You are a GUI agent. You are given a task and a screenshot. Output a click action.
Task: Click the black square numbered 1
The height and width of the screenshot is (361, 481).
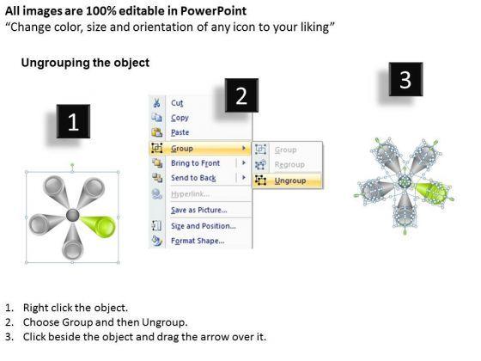[x=73, y=121]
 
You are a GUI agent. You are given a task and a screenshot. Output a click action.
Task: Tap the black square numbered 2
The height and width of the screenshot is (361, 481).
[x=241, y=95]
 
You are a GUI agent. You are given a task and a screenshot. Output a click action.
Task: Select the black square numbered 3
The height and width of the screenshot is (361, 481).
[x=405, y=79]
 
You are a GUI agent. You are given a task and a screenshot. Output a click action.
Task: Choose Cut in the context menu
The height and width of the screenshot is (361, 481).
[x=177, y=103]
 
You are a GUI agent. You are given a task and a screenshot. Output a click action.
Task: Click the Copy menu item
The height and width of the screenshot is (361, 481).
[x=180, y=118]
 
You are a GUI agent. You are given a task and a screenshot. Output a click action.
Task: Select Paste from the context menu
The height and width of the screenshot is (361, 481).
[x=180, y=132]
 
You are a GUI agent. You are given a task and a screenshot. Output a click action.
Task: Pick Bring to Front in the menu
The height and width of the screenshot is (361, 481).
[x=196, y=163]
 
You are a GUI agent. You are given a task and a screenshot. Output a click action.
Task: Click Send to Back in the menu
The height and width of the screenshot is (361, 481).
[x=193, y=178]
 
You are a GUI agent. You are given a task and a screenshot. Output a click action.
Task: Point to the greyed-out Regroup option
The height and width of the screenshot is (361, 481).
[x=289, y=165]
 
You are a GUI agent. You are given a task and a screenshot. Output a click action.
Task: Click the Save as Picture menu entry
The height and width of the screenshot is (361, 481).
[x=198, y=210]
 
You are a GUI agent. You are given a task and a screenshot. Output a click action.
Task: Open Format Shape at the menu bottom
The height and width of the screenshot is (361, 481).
[x=198, y=241]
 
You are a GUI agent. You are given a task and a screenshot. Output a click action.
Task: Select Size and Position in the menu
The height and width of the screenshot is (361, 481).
[x=204, y=226]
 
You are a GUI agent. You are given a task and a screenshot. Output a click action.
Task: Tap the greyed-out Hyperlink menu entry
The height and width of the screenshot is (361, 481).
[x=190, y=194]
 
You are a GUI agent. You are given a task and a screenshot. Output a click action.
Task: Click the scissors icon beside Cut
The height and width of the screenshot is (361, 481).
[x=156, y=103]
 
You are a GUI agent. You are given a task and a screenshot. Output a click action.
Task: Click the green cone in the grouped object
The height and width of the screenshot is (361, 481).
[x=99, y=225]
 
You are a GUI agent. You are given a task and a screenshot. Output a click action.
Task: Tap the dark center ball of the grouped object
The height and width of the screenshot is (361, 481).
[x=73, y=215]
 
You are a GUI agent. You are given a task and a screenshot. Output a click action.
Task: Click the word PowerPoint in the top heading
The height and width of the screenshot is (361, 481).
[x=213, y=11]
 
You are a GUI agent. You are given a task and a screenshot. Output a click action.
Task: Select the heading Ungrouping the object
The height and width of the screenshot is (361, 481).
[x=85, y=63]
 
